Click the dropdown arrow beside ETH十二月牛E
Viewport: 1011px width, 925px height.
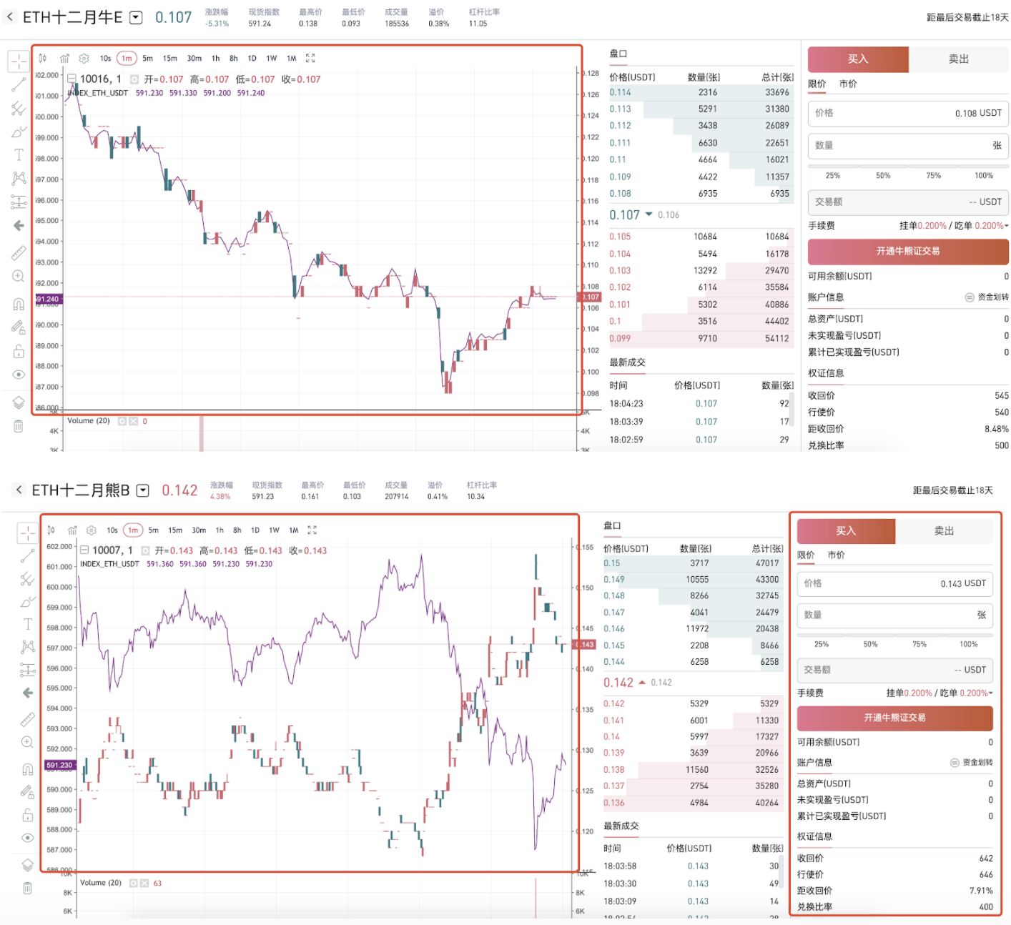pos(136,18)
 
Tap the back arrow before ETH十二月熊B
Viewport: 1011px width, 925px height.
pos(18,490)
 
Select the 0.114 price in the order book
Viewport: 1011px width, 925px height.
pos(620,92)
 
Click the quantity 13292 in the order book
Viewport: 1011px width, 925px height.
pos(705,271)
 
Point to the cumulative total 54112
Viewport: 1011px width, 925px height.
pos(776,339)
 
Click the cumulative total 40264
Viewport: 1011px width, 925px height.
pos(766,803)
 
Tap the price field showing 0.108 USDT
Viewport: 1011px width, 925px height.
pos(908,113)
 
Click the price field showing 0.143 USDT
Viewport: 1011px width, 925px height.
pos(894,583)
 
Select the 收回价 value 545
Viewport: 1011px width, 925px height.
pos(1001,395)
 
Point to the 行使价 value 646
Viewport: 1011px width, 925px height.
pos(985,874)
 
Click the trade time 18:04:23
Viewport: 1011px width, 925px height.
pos(626,404)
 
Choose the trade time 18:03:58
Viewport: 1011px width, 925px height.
pos(619,866)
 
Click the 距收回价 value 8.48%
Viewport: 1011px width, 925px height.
pos(996,429)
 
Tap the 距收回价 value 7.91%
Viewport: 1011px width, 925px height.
pos(980,891)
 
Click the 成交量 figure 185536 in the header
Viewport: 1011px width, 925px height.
pos(397,24)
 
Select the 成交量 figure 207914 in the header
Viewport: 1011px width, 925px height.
pos(396,496)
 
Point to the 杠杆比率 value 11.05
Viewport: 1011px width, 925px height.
pos(478,24)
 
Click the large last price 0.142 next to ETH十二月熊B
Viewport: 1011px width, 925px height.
pos(179,490)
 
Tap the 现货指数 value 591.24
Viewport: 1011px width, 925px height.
pos(260,24)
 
